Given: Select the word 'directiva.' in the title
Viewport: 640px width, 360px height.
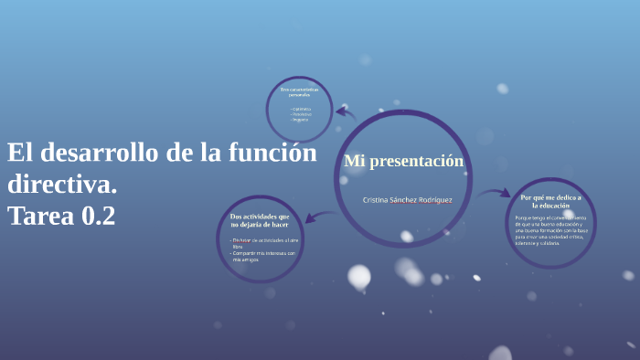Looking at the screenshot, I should click(x=62, y=184).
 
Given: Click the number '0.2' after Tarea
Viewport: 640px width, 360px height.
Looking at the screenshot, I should click(x=99, y=216).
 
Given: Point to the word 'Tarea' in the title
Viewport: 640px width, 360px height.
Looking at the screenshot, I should click(x=40, y=216).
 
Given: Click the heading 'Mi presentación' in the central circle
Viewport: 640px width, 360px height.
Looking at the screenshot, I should click(x=403, y=162).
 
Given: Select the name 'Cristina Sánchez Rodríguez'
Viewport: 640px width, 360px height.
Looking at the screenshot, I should click(x=407, y=199).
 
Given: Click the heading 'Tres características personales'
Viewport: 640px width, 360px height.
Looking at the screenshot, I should click(x=299, y=91).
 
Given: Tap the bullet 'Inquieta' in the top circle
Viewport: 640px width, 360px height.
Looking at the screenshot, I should click(x=301, y=120).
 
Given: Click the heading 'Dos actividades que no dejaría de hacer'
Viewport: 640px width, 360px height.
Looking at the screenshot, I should click(x=260, y=219).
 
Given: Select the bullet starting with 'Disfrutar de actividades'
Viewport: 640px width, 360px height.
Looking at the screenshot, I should click(x=264, y=242).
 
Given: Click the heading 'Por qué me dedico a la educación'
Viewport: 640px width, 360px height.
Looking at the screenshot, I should click(x=550, y=201).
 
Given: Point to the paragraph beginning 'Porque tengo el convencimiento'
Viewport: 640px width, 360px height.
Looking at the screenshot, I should click(x=550, y=230).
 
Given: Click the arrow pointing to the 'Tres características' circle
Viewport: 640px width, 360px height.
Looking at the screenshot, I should click(x=345, y=113).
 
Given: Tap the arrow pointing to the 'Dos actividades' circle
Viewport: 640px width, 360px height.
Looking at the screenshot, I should click(x=318, y=217).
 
